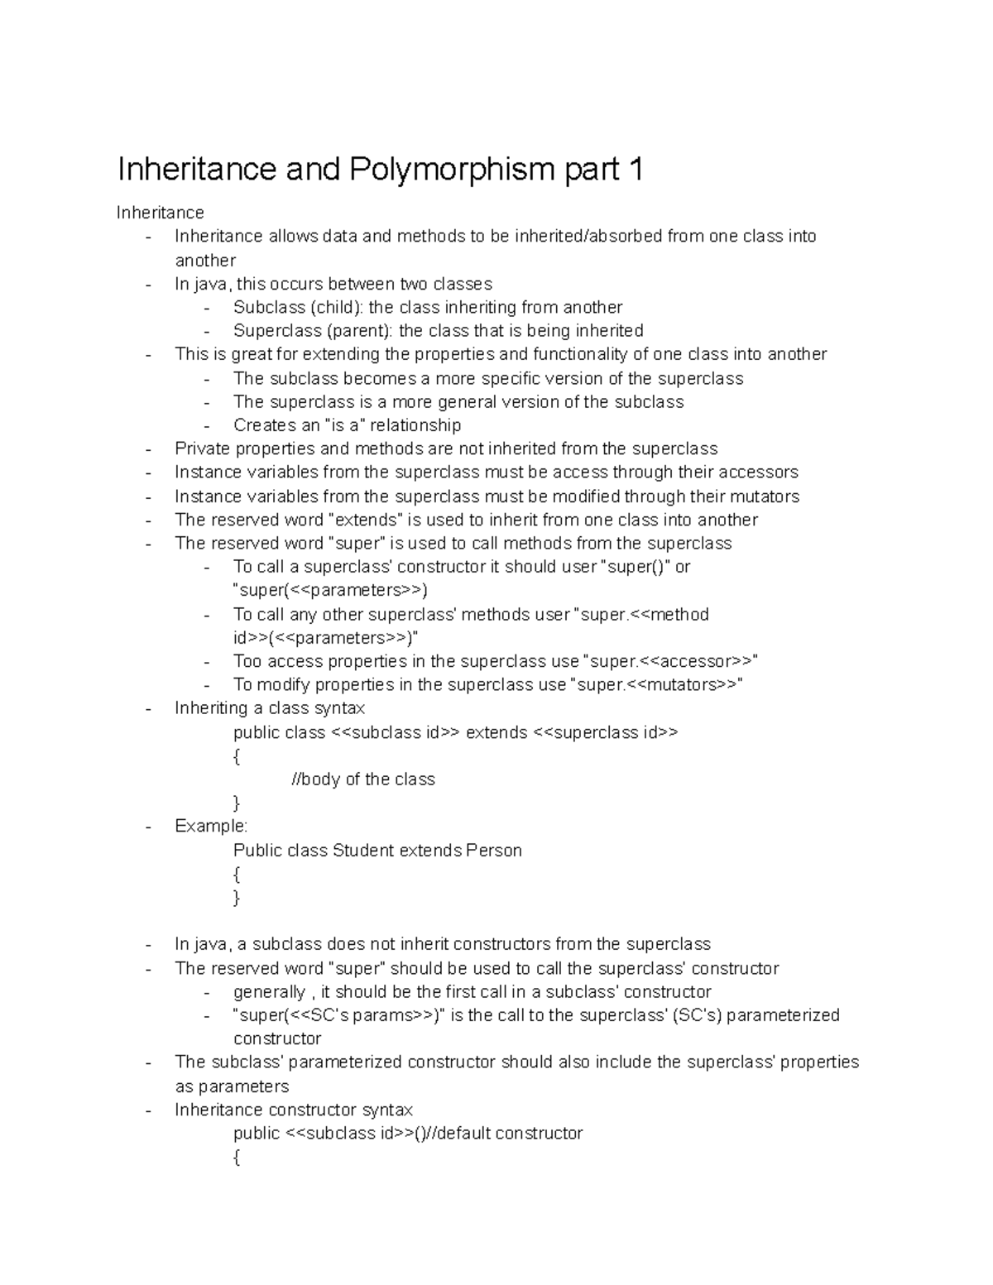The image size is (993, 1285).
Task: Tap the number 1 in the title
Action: coord(635,170)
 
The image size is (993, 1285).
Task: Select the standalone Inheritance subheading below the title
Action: coord(160,213)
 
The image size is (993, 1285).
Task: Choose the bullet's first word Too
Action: coord(247,661)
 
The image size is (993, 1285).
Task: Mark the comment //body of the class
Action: coord(363,779)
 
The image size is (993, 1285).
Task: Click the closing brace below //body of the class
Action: coord(237,803)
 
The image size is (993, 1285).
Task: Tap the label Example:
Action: coord(211,826)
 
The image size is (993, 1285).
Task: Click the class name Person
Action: coord(494,851)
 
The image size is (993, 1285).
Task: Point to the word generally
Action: coord(269,991)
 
